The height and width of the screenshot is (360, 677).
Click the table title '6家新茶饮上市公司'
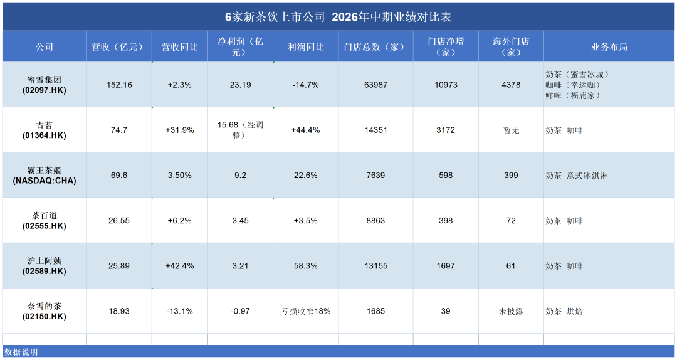(275, 17)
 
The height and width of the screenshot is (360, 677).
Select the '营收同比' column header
(180, 46)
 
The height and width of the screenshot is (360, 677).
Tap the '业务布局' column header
(609, 46)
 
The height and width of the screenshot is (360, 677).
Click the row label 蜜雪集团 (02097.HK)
(44, 85)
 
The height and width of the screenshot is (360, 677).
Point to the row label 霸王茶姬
(44, 170)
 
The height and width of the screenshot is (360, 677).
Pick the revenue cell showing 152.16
(119, 85)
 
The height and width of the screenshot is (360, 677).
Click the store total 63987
(375, 85)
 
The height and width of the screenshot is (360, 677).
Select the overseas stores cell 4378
(511, 85)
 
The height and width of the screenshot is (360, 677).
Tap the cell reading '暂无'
(511, 130)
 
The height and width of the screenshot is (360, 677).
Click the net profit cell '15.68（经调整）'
(240, 130)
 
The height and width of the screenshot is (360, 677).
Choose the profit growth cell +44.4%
(306, 130)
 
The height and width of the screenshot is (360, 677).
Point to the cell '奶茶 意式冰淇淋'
(577, 176)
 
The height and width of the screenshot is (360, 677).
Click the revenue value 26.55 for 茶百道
(119, 220)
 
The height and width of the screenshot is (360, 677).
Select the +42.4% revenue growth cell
(180, 266)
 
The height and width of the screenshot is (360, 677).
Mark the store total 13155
(375, 266)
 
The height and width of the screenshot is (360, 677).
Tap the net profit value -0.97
(240, 311)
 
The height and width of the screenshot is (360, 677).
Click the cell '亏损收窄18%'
(306, 311)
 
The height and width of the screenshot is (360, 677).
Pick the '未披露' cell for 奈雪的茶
(511, 311)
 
